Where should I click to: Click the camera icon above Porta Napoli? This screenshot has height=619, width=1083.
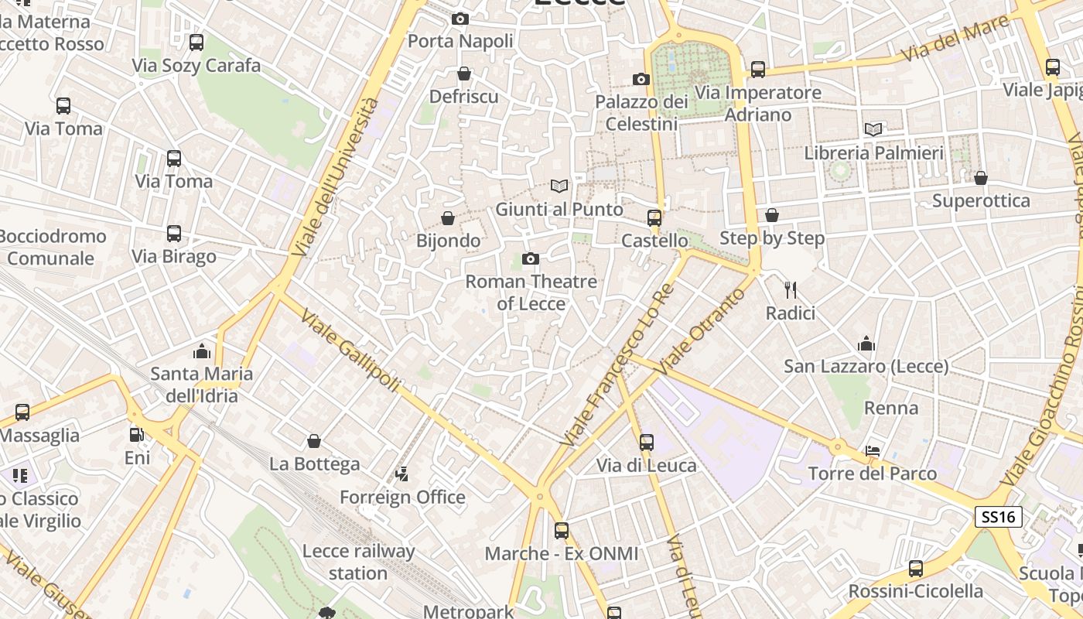[460, 19]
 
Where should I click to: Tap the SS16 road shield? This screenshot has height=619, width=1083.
[998, 517]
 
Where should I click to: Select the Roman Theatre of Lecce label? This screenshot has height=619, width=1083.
[531, 292]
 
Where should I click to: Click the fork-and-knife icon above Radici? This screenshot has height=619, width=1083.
[790, 290]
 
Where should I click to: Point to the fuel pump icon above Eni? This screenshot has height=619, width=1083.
[137, 435]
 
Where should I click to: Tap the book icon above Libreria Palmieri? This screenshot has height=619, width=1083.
[873, 129]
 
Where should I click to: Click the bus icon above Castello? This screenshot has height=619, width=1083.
[654, 218]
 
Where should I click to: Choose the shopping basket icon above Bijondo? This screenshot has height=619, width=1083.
[448, 218]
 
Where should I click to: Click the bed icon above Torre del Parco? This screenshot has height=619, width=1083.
[873, 450]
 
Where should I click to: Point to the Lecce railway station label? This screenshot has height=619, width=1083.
[358, 563]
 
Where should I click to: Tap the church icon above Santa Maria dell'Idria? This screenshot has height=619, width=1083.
[202, 351]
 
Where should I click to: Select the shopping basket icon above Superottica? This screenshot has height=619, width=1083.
[981, 179]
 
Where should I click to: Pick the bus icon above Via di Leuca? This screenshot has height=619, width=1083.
[647, 443]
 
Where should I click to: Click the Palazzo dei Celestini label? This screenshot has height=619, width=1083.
[641, 113]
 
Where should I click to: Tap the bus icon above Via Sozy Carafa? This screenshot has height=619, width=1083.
[196, 43]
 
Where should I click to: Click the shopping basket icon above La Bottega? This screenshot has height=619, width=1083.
[314, 441]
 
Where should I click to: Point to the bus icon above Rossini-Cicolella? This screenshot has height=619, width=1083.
[916, 569]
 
